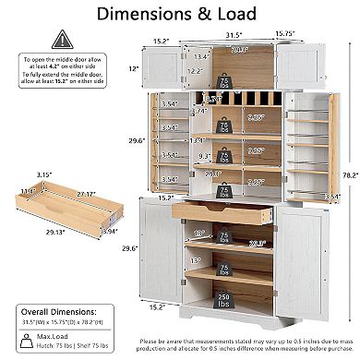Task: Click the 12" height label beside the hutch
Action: (x=134, y=69)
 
